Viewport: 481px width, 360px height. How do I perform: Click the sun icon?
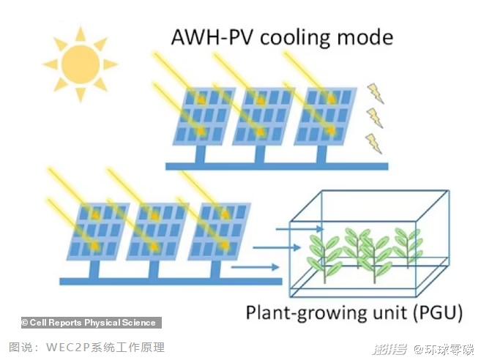pos(79,64)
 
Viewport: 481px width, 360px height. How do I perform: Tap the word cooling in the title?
pos(295,37)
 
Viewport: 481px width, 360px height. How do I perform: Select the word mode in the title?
pos(367,37)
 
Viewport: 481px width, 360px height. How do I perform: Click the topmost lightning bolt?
pos(375,92)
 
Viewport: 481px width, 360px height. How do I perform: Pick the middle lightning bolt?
pos(375,116)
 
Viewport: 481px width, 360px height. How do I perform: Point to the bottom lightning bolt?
pos(374,142)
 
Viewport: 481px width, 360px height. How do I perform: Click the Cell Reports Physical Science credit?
pos(88,323)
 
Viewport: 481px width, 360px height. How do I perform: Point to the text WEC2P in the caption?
pos(65,347)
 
